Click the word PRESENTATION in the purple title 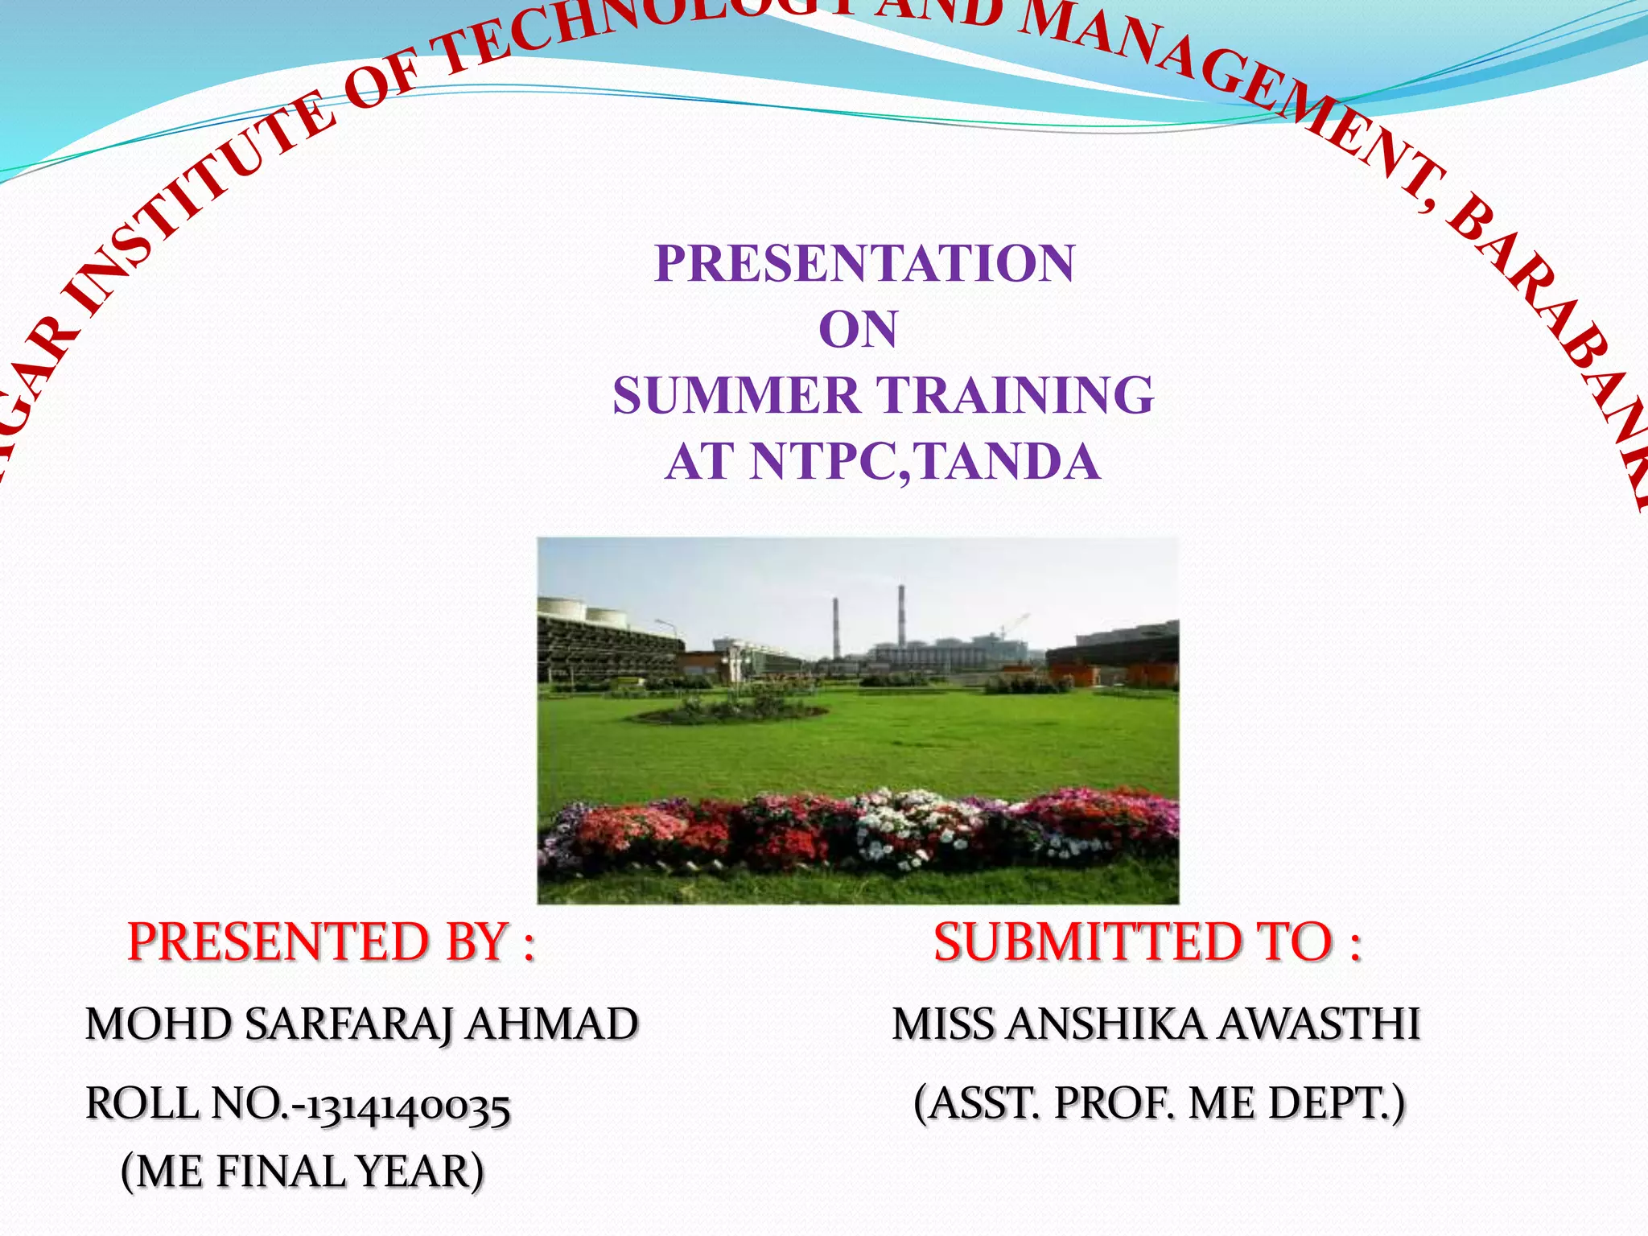click(x=864, y=263)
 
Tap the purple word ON click(x=858, y=329)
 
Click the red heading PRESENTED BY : click(x=331, y=942)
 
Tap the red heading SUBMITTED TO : click(x=1147, y=942)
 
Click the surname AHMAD click(x=552, y=1024)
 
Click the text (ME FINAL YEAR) click(x=303, y=1171)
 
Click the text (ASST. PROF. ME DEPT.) click(x=1159, y=1103)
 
